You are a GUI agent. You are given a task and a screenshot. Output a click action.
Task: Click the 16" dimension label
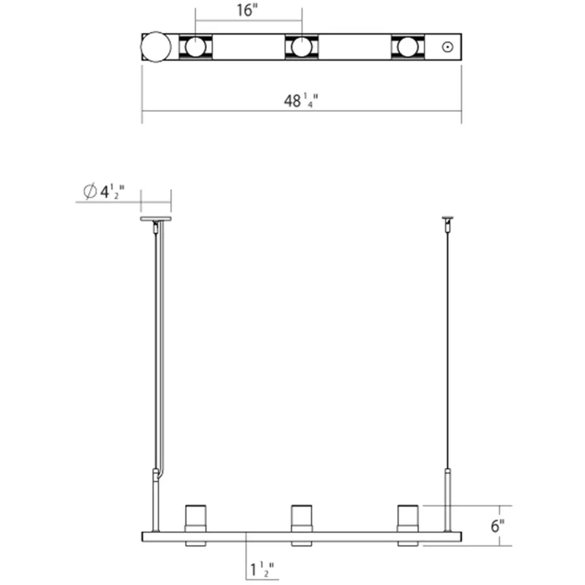247,10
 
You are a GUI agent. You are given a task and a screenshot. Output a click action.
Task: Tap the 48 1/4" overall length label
301,101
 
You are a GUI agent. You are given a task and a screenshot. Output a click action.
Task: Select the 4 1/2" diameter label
112,192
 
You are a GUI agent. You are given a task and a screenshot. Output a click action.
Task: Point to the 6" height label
498,526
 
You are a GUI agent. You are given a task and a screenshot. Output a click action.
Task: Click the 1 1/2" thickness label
262,570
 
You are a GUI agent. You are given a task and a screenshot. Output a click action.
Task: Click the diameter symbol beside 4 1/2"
90,191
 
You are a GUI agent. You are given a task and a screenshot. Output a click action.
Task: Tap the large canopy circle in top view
156,47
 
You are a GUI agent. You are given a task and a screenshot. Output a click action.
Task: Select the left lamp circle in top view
195,47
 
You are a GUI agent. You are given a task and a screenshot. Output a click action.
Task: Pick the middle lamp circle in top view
302,47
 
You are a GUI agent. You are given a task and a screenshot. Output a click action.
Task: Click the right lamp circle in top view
407,47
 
